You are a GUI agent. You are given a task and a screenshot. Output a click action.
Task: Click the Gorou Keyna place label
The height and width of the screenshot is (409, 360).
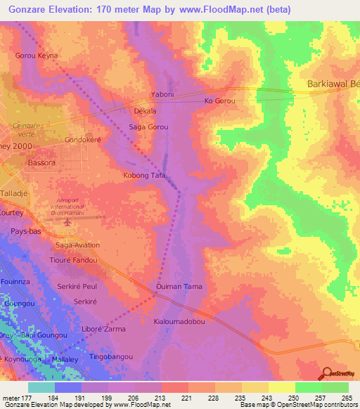(37, 55)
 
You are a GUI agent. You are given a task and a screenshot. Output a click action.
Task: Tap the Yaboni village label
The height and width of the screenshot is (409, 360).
(162, 93)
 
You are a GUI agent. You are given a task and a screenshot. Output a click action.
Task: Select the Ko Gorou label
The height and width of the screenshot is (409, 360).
(219, 101)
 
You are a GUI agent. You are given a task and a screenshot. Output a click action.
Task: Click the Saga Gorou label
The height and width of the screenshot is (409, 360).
(148, 127)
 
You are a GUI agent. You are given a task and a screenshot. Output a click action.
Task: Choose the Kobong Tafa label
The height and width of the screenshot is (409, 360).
(144, 175)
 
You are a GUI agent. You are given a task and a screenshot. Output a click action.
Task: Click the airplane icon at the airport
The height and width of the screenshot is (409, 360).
(68, 222)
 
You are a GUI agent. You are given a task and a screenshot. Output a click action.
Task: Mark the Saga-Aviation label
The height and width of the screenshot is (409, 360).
(77, 245)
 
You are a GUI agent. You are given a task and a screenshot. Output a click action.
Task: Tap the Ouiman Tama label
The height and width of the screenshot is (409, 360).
(179, 287)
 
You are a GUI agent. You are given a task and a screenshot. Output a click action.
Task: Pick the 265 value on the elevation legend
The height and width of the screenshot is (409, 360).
(345, 397)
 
